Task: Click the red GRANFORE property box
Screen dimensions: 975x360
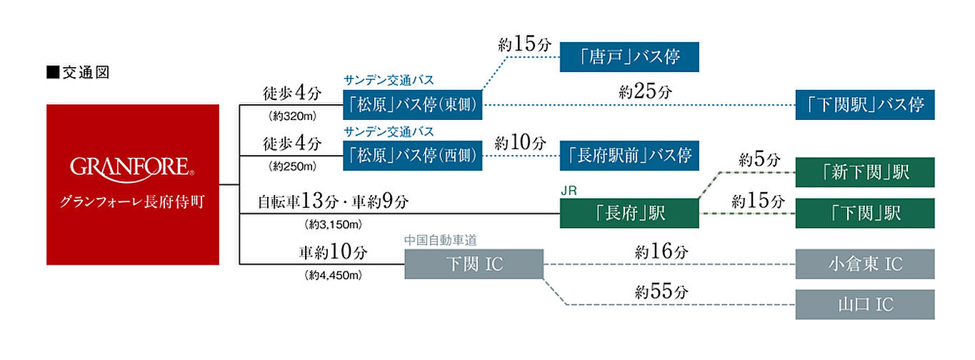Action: click(x=133, y=184)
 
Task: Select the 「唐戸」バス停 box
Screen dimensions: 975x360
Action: click(x=629, y=56)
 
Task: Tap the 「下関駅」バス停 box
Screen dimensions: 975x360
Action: click(x=865, y=105)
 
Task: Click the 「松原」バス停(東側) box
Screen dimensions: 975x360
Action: click(x=413, y=105)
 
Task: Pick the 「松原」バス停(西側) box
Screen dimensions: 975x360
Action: click(x=413, y=155)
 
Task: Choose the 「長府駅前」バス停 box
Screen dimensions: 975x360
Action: click(x=629, y=155)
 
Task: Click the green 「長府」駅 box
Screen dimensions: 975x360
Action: click(x=629, y=213)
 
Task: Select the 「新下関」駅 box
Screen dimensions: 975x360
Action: click(x=865, y=172)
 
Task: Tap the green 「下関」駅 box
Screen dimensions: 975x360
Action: click(x=865, y=213)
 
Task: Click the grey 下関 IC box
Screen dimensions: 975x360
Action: click(x=474, y=264)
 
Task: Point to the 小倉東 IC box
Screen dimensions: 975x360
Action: click(x=865, y=264)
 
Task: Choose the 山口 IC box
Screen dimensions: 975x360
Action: click(x=865, y=304)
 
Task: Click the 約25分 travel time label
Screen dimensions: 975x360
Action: click(x=646, y=91)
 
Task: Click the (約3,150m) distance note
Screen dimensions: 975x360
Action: click(x=334, y=224)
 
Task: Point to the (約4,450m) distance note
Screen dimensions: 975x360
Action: click(x=334, y=275)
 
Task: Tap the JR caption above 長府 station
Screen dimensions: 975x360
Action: click(x=569, y=191)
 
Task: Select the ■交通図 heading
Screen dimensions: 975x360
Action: click(x=78, y=72)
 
